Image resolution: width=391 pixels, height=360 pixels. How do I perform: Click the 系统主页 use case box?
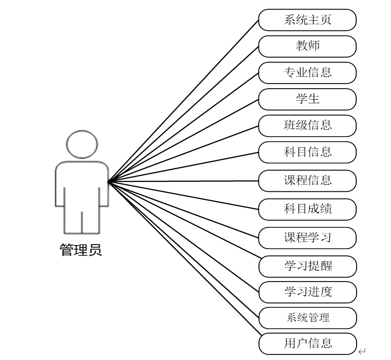click(x=307, y=20)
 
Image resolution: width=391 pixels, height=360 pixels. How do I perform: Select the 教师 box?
click(x=307, y=46)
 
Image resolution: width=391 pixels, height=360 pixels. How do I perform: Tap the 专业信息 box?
click(x=307, y=72)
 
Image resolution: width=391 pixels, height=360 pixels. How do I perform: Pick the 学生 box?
click(x=307, y=99)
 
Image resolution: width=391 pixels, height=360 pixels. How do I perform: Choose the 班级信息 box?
click(x=307, y=125)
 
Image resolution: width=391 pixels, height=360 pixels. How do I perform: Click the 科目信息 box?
click(x=307, y=152)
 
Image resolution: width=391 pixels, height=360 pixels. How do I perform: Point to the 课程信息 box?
click(x=307, y=181)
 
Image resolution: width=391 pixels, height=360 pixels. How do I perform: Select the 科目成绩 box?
click(x=307, y=209)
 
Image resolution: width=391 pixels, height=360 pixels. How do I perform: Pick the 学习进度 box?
click(x=307, y=292)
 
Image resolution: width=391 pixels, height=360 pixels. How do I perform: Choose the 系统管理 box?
click(x=307, y=318)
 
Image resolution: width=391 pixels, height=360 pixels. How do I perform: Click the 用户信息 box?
click(x=307, y=344)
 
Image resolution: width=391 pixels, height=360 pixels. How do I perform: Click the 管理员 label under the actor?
click(x=81, y=250)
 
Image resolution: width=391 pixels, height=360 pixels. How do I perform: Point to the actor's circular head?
click(x=81, y=144)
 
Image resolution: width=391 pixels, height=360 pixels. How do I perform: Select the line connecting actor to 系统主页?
click(x=184, y=101)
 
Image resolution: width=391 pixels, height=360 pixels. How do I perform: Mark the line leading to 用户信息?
click(x=184, y=258)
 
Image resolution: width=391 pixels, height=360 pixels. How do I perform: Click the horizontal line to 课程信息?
click(x=184, y=181)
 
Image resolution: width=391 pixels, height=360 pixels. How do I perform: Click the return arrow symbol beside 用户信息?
click(x=362, y=351)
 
